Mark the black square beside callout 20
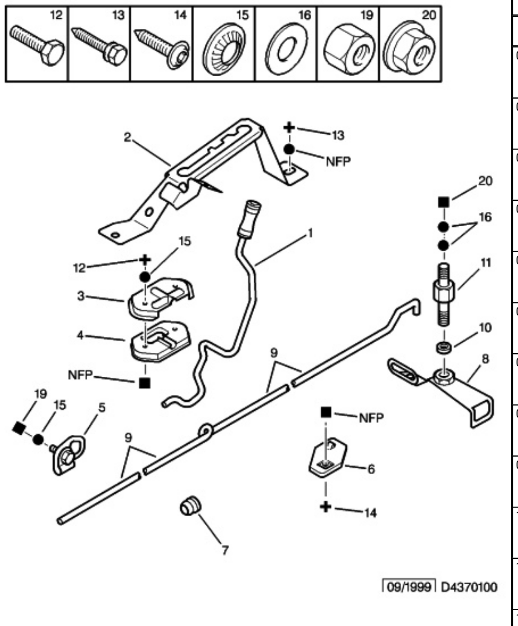point(444,202)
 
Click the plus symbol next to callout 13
point(289,128)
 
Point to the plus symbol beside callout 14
point(326,506)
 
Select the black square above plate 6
point(326,411)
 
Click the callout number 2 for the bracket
point(127,137)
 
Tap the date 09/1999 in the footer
point(409,587)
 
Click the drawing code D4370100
point(469,587)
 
